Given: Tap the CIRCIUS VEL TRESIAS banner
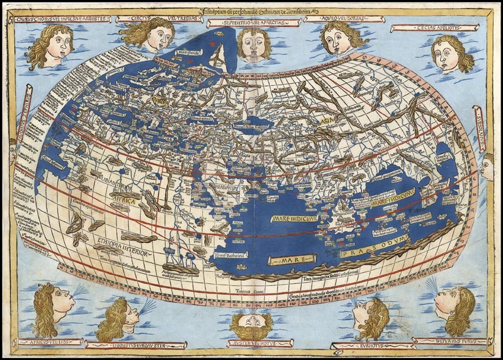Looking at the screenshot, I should (147, 19).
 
